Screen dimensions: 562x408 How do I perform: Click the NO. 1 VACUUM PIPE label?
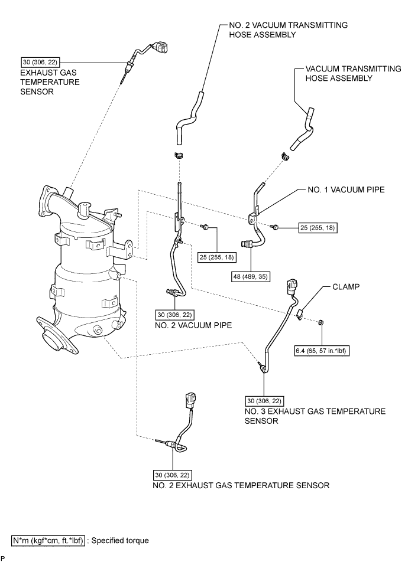pyautogui.click(x=338, y=190)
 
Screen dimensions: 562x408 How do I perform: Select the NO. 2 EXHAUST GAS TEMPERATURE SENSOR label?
pyautogui.click(x=241, y=485)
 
